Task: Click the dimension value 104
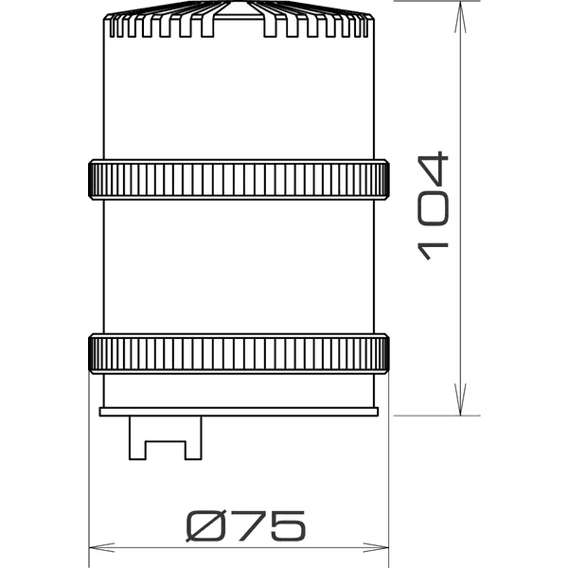point(432,206)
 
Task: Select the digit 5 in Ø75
point(287,524)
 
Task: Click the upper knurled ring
point(238,179)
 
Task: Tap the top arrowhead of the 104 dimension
point(461,11)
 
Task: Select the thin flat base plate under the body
point(239,412)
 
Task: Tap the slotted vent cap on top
point(238,25)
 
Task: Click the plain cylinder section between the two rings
point(238,265)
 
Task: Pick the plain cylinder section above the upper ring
point(238,99)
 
